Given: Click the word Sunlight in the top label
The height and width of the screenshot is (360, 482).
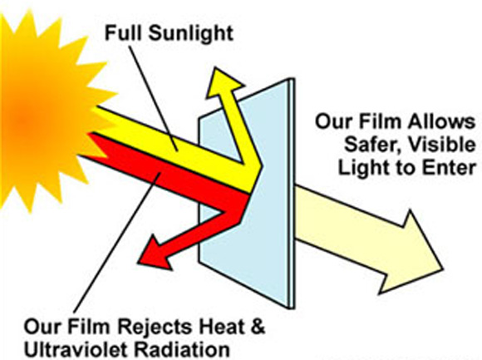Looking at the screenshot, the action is click(x=190, y=33).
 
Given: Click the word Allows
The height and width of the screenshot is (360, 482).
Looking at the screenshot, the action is click(x=440, y=121).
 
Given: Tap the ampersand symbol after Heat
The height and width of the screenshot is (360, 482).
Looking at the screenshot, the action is click(x=256, y=327).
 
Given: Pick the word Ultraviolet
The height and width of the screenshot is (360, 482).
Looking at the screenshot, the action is click(x=76, y=350).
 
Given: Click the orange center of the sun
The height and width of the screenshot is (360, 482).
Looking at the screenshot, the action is click(x=23, y=121).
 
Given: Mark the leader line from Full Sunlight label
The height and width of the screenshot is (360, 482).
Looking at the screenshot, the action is click(x=153, y=98).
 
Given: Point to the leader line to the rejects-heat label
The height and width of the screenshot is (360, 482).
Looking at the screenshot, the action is click(x=116, y=243).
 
